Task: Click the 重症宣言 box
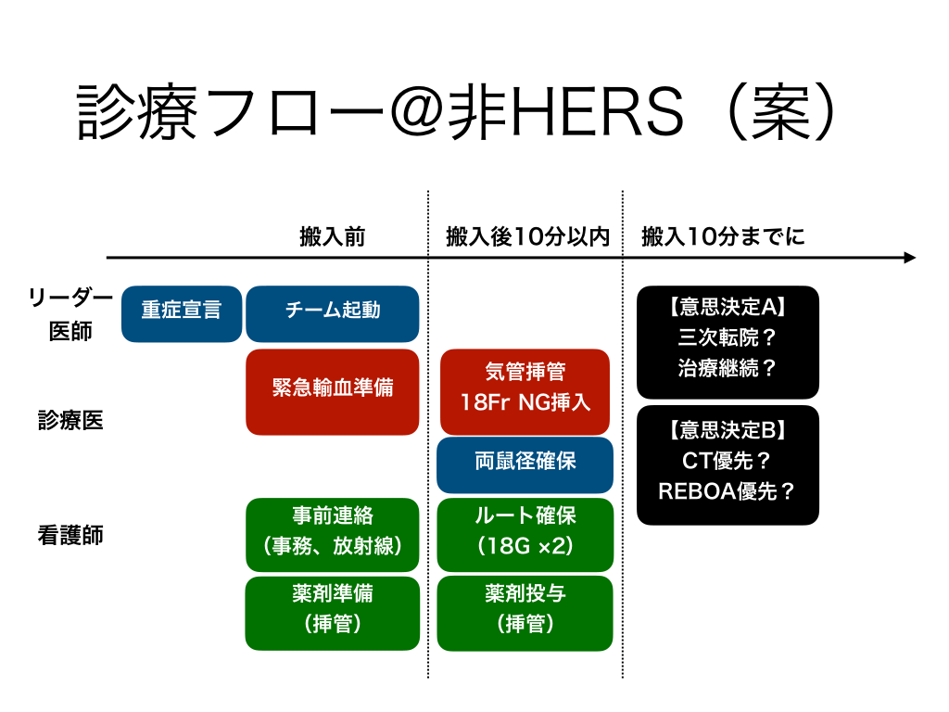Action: pyautogui.click(x=182, y=313)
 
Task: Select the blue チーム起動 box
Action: pyautogui.click(x=332, y=313)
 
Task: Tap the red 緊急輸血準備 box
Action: pyautogui.click(x=332, y=391)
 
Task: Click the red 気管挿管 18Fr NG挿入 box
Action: pyautogui.click(x=525, y=391)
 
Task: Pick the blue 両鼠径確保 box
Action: pyautogui.click(x=525, y=464)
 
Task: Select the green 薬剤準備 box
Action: pyautogui.click(x=332, y=613)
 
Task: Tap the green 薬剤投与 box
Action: pyautogui.click(x=525, y=613)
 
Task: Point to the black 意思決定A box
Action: pyautogui.click(x=728, y=341)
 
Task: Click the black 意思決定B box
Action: pyautogui.click(x=728, y=464)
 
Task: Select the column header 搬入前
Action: pyautogui.click(x=332, y=237)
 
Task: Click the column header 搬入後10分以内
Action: pyautogui.click(x=526, y=237)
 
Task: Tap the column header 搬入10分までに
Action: pyautogui.click(x=723, y=237)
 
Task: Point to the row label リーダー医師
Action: pyautogui.click(x=70, y=313)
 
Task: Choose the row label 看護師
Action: pyautogui.click(x=70, y=535)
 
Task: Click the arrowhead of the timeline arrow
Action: pyautogui.click(x=909, y=258)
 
